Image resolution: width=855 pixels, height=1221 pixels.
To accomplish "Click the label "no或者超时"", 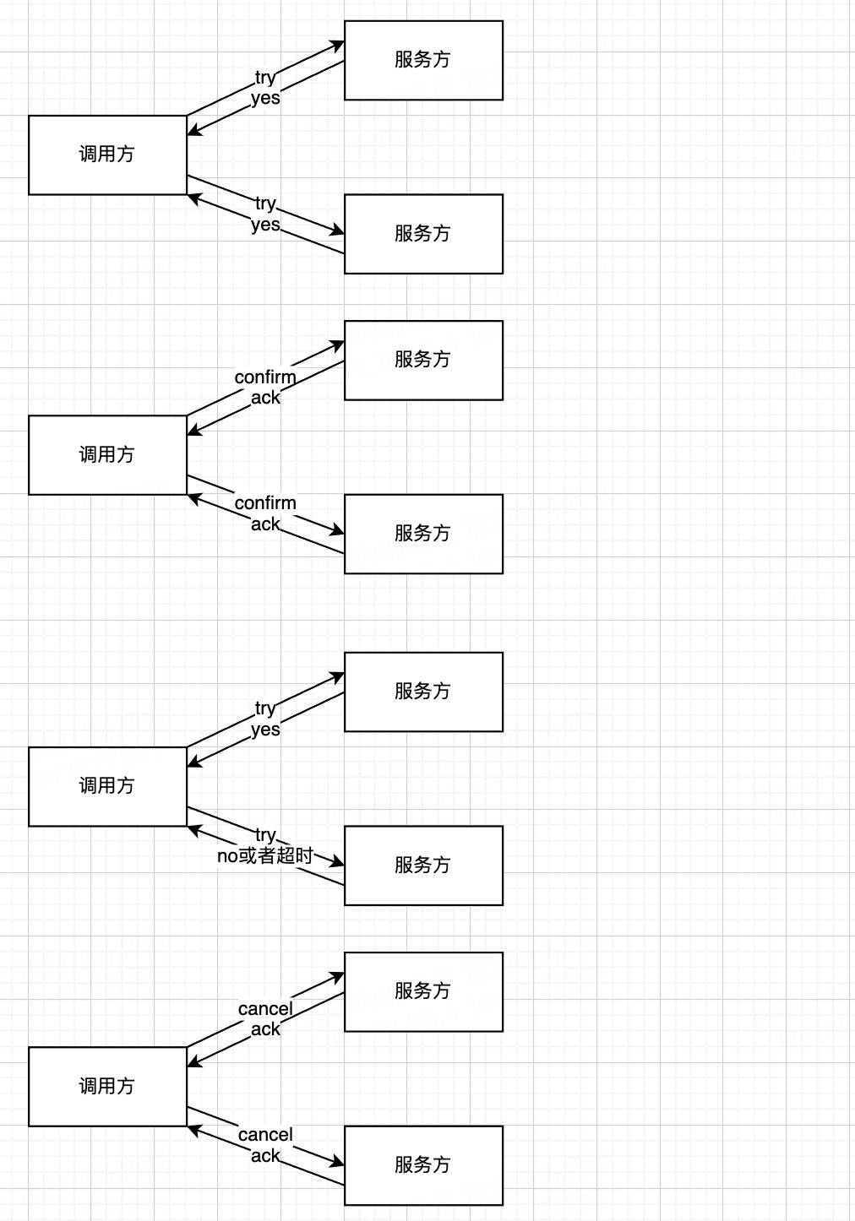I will point(264,855).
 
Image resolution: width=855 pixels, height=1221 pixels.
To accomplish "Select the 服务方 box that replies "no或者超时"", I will point(423,866).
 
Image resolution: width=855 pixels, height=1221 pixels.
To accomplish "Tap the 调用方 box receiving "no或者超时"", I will point(107,786).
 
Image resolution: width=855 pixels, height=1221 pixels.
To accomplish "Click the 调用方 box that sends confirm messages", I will point(107,454).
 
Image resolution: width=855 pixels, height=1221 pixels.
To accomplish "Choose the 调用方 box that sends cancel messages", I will point(107,1086).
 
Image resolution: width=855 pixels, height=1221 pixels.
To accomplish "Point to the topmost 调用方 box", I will point(107,155).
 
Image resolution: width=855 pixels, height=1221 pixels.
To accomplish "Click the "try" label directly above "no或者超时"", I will point(265,834).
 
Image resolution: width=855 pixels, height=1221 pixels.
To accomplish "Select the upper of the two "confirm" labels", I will point(265,377).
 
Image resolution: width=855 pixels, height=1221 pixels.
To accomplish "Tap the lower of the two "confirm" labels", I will point(265,503).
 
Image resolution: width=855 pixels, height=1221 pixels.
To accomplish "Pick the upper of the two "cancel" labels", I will point(265,1008).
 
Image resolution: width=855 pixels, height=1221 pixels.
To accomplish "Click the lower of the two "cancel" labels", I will point(265,1134).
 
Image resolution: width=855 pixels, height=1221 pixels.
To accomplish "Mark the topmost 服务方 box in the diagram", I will point(423,60).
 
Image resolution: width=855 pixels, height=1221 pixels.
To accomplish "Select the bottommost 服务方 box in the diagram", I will point(423,1165).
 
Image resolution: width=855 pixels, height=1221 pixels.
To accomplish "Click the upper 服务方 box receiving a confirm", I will point(423,360).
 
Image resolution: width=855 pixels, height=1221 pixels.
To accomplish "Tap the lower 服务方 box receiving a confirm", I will point(423,534).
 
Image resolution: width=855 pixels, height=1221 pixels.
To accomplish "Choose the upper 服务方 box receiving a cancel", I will point(423,991).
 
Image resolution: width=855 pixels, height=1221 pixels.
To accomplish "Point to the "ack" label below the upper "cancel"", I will point(265,1028).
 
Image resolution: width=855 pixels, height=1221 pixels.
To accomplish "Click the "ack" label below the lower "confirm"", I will point(265,524).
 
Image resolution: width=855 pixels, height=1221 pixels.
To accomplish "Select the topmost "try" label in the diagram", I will point(265,78).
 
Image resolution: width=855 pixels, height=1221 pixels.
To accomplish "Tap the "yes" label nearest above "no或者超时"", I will point(265,729).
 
